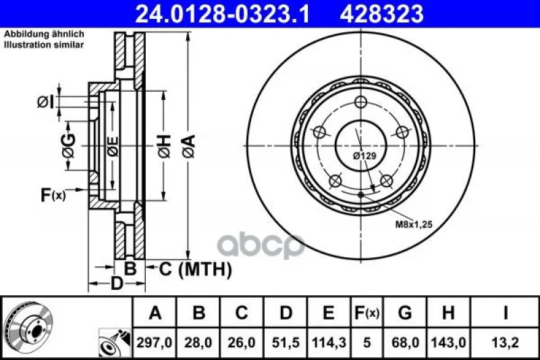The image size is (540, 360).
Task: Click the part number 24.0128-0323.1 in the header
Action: pyautogui.click(x=223, y=14)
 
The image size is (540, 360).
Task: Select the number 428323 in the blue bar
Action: pyautogui.click(x=381, y=14)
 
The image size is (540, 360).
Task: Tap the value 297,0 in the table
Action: pyautogui.click(x=155, y=342)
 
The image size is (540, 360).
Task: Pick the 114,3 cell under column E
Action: pyautogui.click(x=329, y=342)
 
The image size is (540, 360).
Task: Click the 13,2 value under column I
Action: pyautogui.click(x=505, y=342)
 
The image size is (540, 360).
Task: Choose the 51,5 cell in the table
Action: pyautogui.click(x=286, y=342)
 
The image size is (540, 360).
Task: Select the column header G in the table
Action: pyautogui.click(x=404, y=313)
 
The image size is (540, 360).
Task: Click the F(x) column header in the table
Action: pyautogui.click(x=367, y=313)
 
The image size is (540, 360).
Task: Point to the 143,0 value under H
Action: pyautogui.click(x=448, y=342)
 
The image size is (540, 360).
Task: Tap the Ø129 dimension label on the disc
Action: pyautogui.click(x=364, y=156)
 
